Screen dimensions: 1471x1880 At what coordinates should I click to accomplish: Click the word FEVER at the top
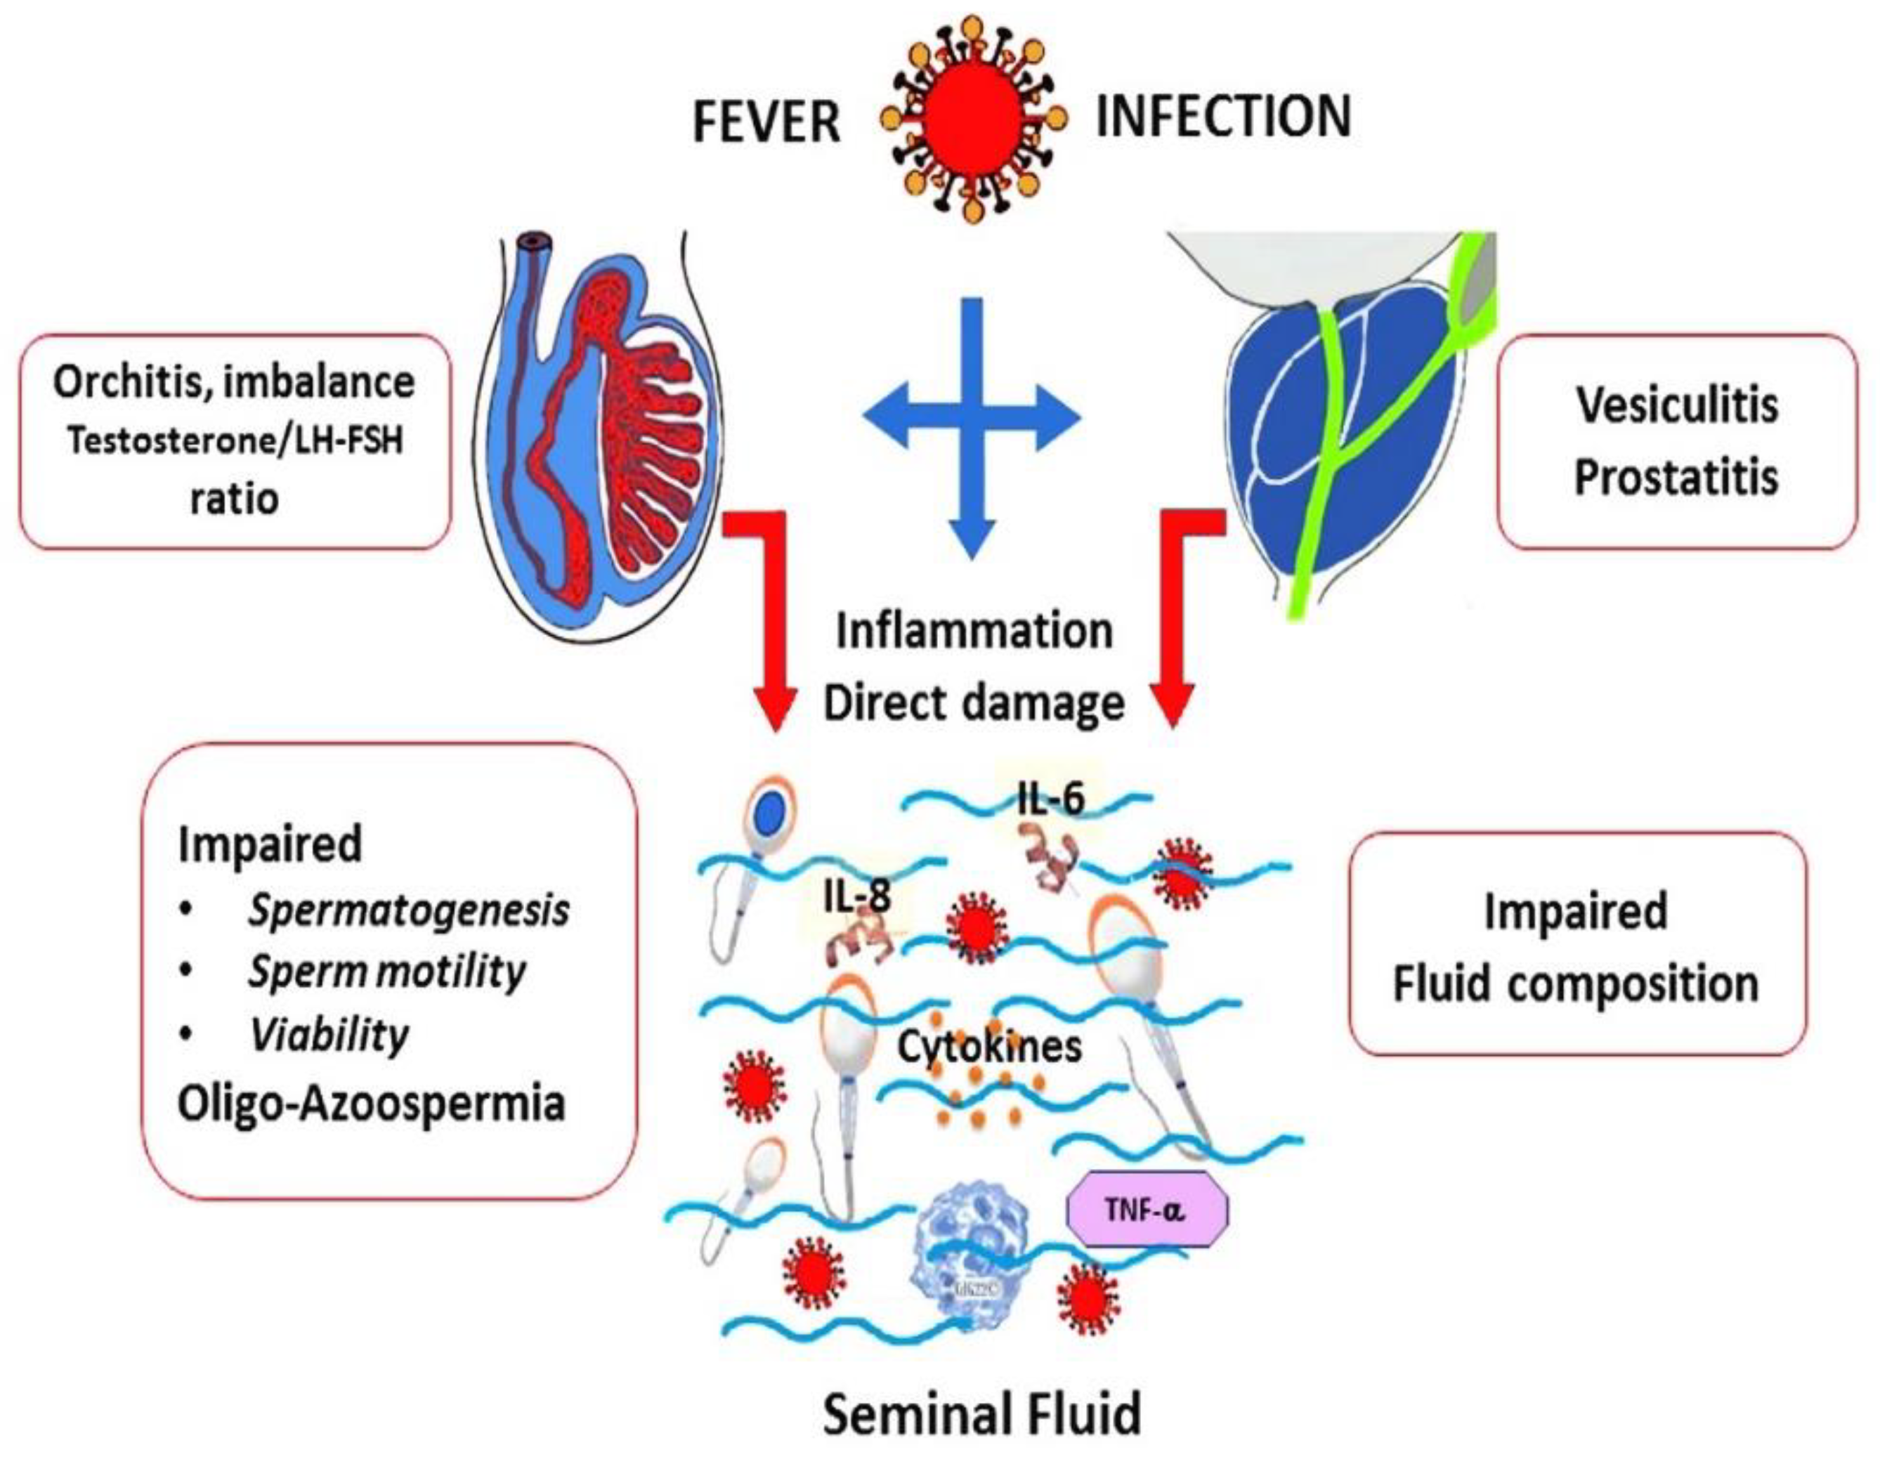766,122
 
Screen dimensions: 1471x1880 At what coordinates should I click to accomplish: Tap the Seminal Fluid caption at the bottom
981,1413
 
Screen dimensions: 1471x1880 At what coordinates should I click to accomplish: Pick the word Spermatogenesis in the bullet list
409,910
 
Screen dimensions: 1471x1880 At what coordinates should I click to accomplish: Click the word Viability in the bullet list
329,1034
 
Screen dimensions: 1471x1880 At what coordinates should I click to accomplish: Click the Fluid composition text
1575,983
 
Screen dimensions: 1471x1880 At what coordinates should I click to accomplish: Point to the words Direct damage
974,702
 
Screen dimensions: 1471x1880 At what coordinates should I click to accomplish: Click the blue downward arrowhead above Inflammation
972,540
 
